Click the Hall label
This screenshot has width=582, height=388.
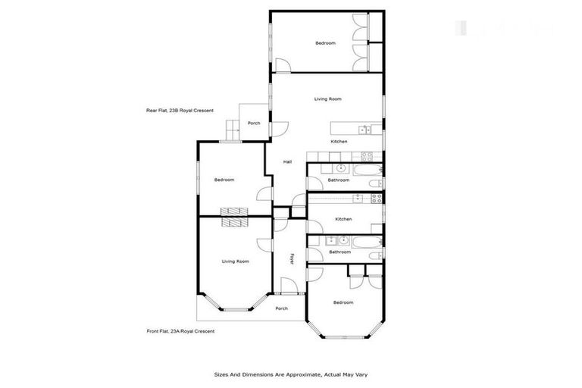coord(287,162)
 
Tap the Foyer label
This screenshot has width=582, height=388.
coord(292,258)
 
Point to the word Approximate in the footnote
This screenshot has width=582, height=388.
coord(299,374)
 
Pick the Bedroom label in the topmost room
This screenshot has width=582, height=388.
coord(325,43)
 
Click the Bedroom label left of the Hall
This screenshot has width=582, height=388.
coord(224,180)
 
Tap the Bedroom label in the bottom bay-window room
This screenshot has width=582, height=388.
coord(343,302)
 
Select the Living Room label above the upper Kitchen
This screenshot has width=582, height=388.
coord(328,99)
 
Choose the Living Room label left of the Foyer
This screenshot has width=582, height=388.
coord(235,261)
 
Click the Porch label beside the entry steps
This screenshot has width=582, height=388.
coord(254,123)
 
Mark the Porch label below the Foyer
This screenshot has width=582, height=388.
coord(281,308)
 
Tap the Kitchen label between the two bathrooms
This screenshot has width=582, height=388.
coord(343,219)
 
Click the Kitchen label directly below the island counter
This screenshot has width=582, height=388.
coord(339,142)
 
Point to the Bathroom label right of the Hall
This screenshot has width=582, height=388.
coord(338,180)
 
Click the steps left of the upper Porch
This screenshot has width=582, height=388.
coord(231,130)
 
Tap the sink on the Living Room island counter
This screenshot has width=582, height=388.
coord(365,130)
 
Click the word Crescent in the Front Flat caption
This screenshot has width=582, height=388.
coord(201,331)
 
